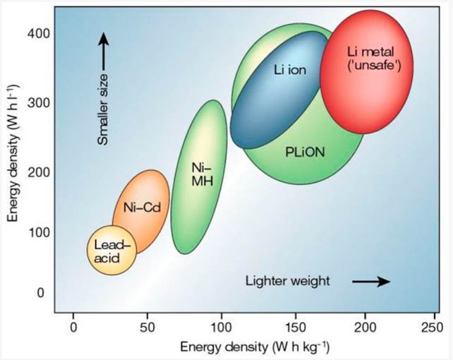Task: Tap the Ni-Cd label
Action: [x=139, y=208]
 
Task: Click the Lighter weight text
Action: [x=288, y=281]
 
